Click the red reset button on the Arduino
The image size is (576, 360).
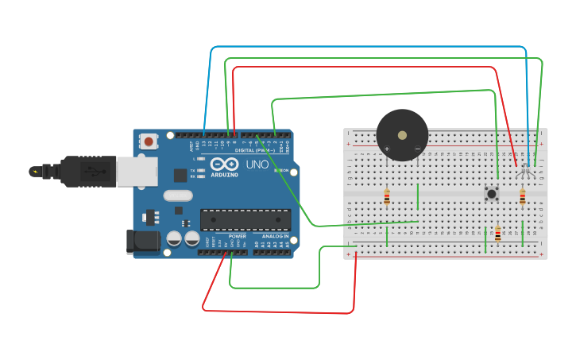click(x=149, y=142)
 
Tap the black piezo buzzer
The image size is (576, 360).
click(x=402, y=134)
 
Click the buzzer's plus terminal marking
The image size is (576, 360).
click(x=387, y=149)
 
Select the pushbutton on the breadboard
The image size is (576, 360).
click(x=492, y=193)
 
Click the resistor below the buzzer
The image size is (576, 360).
click(x=387, y=197)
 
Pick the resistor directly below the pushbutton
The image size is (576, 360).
click(x=498, y=234)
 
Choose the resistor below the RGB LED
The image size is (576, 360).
click(x=522, y=197)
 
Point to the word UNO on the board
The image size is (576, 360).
click(x=257, y=165)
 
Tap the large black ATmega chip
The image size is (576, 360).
click(x=245, y=220)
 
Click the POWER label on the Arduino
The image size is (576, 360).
click(x=237, y=236)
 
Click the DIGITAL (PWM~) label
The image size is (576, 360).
click(x=255, y=149)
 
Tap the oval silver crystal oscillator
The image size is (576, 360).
click(x=178, y=195)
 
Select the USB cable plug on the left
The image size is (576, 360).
click(x=72, y=171)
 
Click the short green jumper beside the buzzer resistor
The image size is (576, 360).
click(x=417, y=195)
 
